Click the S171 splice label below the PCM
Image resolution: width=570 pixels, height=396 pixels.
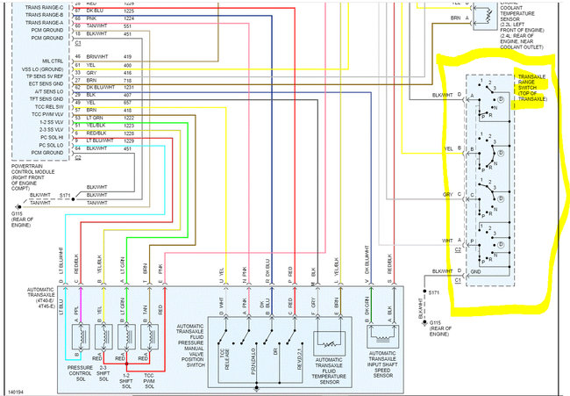coord(65,195)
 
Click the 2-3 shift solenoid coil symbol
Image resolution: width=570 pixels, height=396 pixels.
coord(103,336)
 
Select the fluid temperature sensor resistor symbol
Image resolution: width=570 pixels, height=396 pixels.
coord(324,338)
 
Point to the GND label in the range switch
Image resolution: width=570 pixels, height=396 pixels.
coord(479,271)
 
